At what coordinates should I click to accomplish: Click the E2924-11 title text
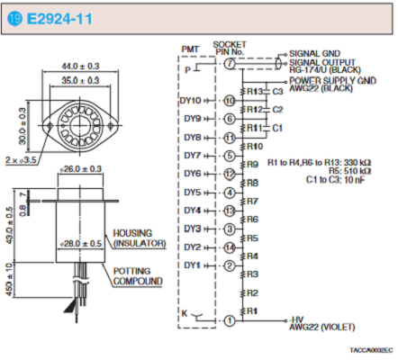tap(59, 19)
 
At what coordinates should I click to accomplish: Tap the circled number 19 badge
tap(14, 19)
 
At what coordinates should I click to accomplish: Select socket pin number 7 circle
tap(230, 64)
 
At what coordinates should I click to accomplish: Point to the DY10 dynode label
tap(190, 101)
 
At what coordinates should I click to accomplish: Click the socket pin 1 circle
tap(230, 320)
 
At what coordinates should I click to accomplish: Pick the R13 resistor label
tap(255, 91)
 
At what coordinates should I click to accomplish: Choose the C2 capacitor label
tap(277, 110)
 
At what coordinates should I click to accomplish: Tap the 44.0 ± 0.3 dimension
tap(80, 66)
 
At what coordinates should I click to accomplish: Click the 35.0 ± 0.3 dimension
tap(80, 80)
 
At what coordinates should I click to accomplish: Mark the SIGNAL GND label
tap(314, 54)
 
